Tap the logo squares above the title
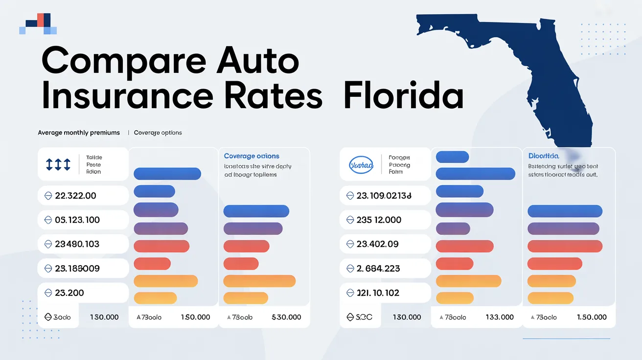38,24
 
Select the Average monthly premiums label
79,133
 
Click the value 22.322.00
75,196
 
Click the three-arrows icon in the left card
58,165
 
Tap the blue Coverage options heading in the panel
252,156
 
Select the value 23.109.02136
384,196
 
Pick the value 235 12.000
379,220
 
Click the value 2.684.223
378,269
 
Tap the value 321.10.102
378,293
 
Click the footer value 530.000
286,317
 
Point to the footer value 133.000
500,317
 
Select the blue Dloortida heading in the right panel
544,156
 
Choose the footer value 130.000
407,317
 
